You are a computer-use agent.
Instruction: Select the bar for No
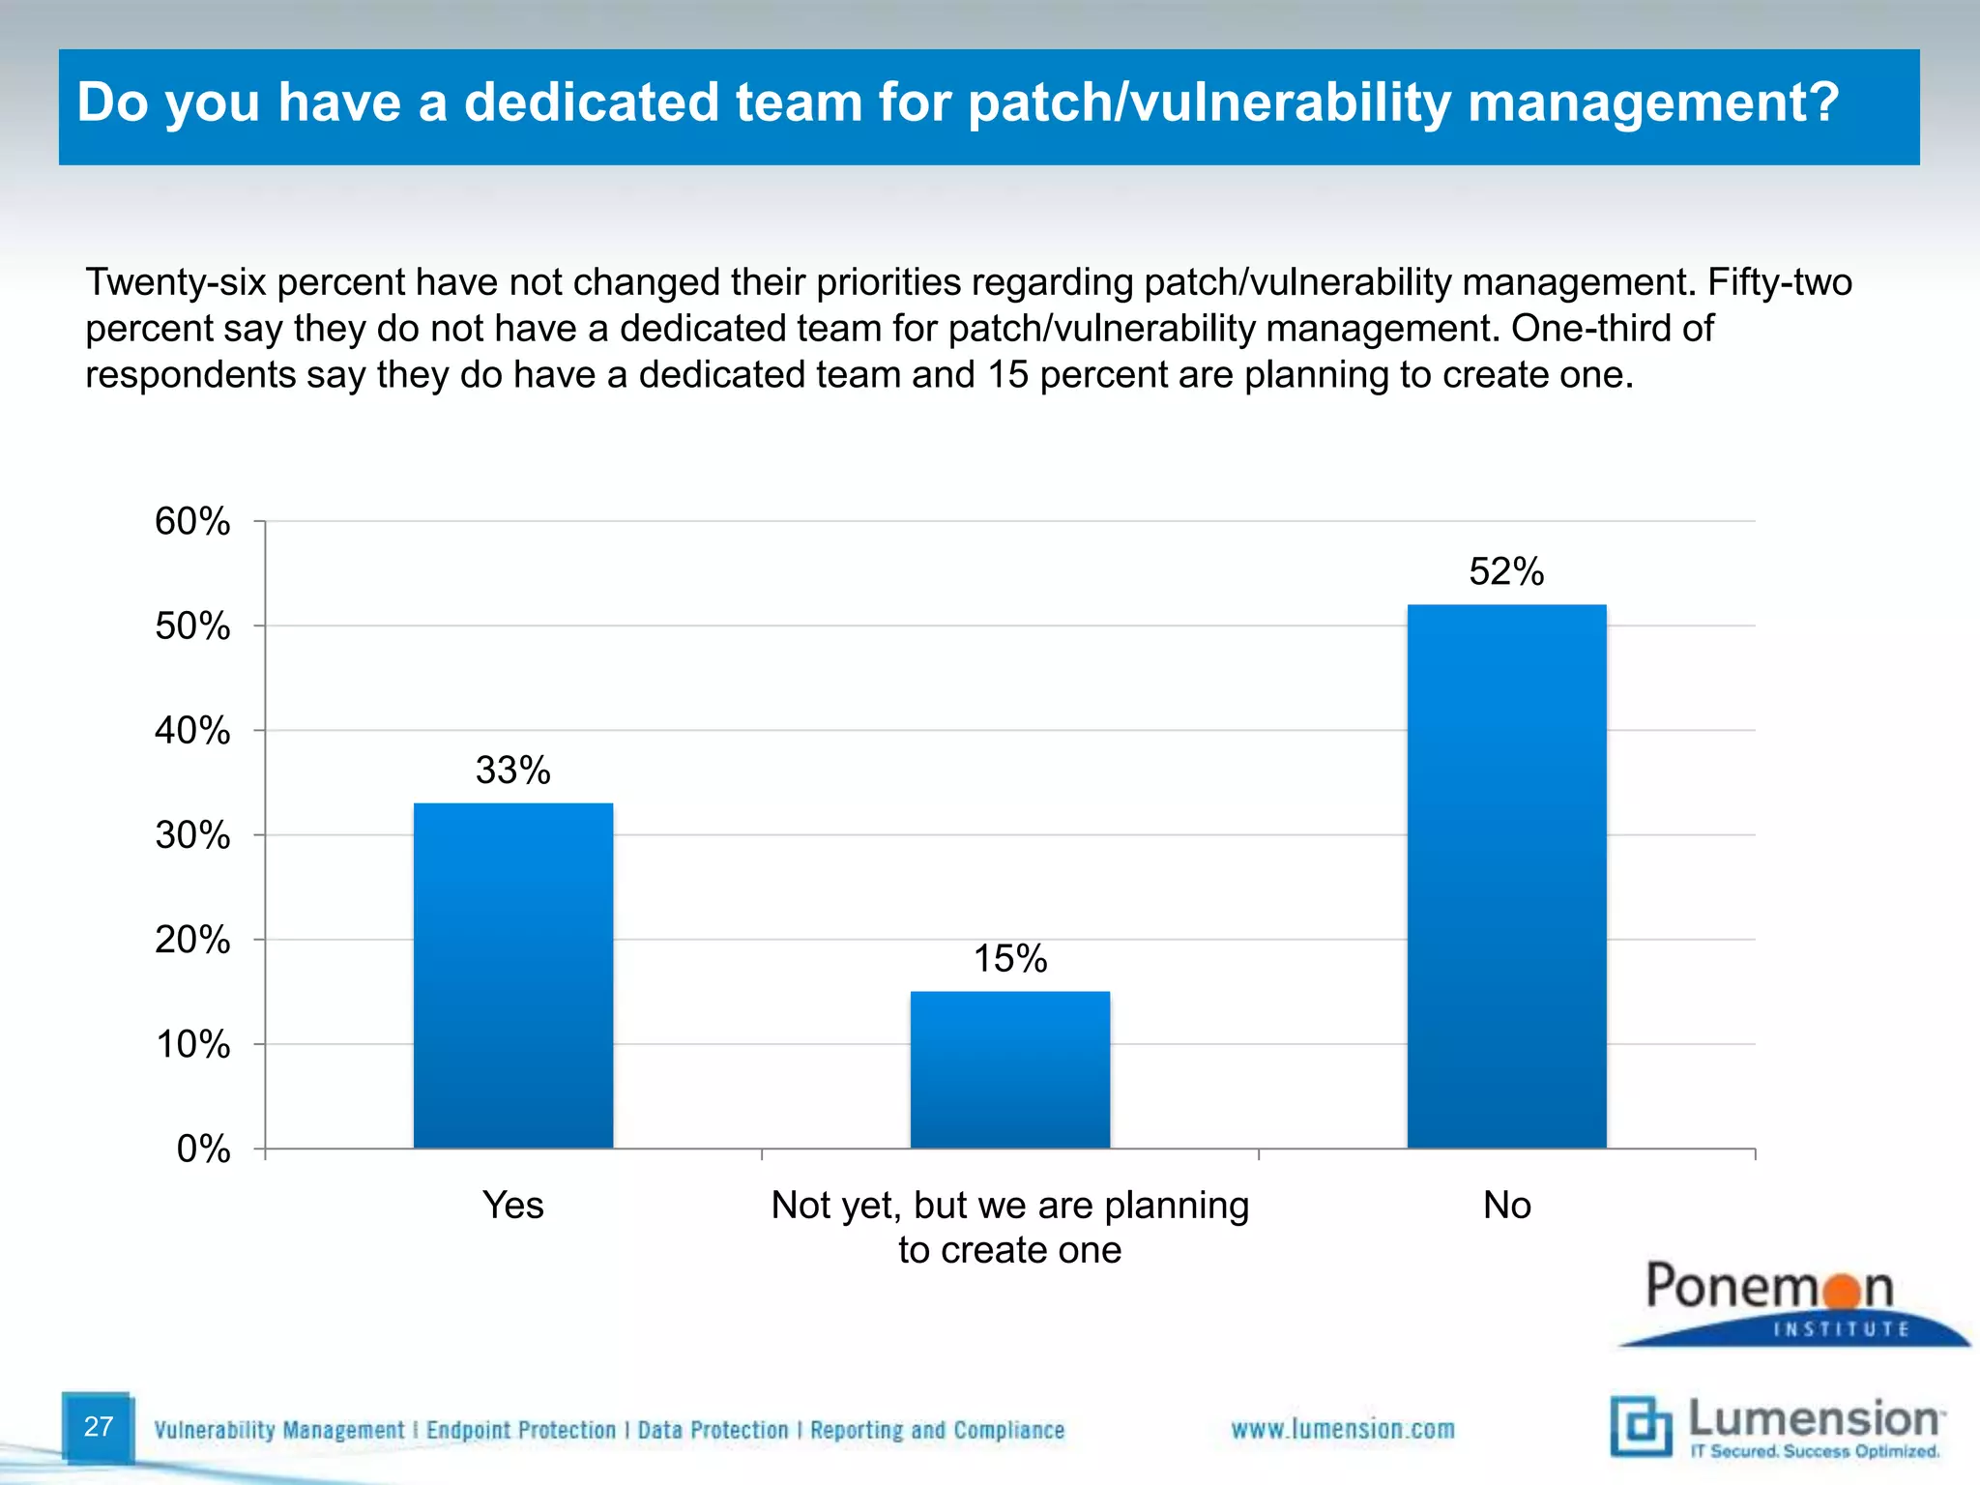tap(1506, 876)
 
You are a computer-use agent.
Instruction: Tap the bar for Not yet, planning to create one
tap(1009, 1069)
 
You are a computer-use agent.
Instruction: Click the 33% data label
tap(512, 771)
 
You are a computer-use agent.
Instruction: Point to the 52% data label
tap(1506, 571)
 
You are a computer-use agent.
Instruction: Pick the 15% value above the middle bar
tap(1009, 958)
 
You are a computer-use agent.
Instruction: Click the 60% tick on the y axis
tap(192, 522)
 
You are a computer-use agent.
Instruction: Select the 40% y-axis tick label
tap(192, 731)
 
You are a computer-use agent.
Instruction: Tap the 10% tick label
tap(192, 1045)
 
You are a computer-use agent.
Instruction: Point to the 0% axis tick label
tap(203, 1150)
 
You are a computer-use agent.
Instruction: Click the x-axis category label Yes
tap(512, 1206)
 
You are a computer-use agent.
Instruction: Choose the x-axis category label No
tap(1506, 1206)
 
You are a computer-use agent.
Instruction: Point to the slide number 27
tap(99, 1426)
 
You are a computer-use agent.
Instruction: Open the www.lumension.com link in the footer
tap(1342, 1429)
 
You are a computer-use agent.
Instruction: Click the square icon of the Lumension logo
tap(1640, 1426)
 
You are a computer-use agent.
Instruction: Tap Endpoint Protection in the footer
tap(520, 1430)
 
